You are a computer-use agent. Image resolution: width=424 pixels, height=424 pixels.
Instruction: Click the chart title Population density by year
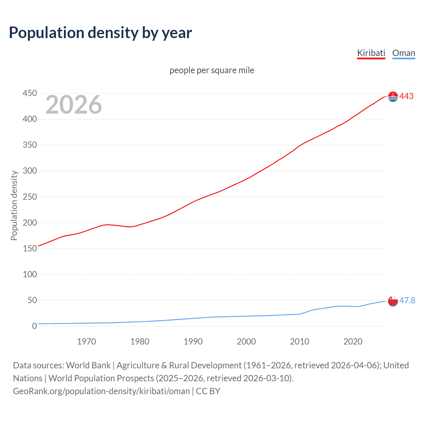click(x=100, y=33)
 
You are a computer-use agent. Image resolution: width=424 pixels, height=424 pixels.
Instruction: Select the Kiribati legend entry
click(x=371, y=53)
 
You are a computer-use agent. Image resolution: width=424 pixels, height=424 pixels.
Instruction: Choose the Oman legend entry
click(x=403, y=53)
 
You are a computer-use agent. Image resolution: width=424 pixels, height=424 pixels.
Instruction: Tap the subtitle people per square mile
click(x=212, y=70)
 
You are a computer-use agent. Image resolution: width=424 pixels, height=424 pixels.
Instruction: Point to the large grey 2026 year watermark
click(x=74, y=105)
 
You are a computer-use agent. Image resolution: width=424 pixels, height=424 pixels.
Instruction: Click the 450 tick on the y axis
click(x=30, y=93)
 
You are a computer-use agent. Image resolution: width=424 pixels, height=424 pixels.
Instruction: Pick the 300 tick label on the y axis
click(x=30, y=171)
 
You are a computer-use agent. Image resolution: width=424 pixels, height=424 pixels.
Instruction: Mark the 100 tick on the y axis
click(x=30, y=274)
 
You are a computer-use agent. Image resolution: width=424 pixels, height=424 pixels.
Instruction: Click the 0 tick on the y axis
click(x=34, y=326)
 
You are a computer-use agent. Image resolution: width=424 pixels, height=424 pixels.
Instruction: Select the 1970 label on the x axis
click(x=86, y=342)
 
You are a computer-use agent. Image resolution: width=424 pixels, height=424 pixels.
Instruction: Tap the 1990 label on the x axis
click(x=193, y=342)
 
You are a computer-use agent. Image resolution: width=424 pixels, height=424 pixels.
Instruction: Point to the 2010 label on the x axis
click(x=299, y=342)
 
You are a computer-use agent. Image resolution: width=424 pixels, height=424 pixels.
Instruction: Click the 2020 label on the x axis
click(x=353, y=342)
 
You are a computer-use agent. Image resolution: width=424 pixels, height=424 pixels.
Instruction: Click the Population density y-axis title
click(x=14, y=205)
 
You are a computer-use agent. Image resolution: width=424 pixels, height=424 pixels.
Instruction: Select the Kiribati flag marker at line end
click(x=393, y=96)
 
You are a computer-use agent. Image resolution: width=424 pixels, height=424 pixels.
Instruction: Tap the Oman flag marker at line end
click(x=393, y=301)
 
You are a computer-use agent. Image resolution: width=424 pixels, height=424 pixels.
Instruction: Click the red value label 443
click(x=406, y=96)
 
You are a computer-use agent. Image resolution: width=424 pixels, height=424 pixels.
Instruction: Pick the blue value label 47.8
click(x=407, y=300)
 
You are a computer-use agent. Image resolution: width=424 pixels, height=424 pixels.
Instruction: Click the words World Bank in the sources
click(x=88, y=365)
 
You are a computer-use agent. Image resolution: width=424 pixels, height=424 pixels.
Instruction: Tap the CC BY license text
click(x=208, y=391)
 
